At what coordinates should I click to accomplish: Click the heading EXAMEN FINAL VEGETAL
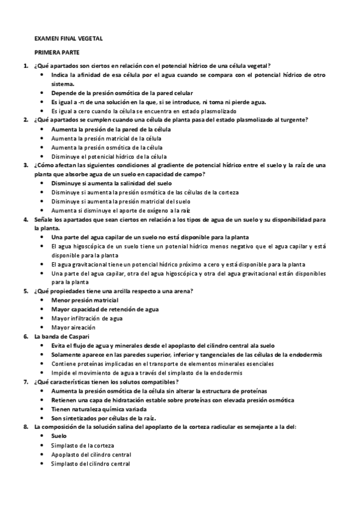coord(69,38)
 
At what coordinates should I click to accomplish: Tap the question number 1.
coord(25,66)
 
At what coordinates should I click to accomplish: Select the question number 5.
coord(25,291)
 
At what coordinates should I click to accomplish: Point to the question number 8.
coord(25,426)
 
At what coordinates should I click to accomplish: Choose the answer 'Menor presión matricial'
coord(85,300)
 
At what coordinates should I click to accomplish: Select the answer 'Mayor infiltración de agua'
coord(87,318)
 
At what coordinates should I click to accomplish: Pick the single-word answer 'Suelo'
coord(59,435)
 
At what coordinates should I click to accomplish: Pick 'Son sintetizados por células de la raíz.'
coord(103,417)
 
